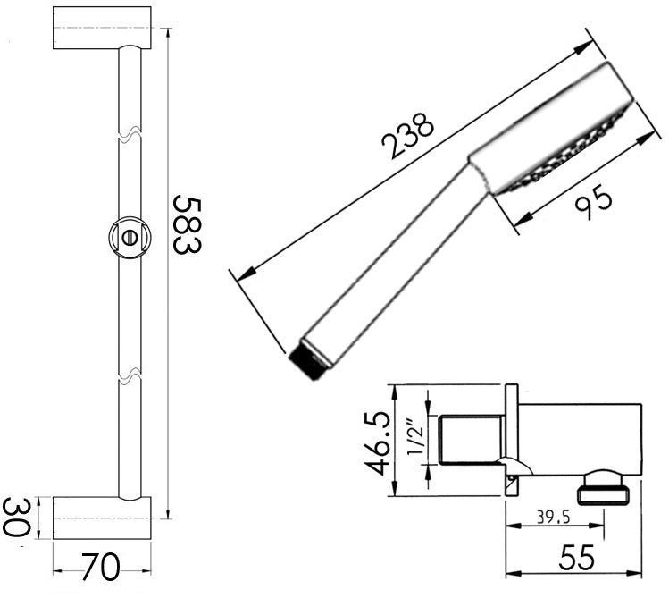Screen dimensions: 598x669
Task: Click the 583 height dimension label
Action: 186,223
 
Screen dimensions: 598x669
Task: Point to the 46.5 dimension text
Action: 378,443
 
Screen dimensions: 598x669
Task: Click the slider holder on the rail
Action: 130,237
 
